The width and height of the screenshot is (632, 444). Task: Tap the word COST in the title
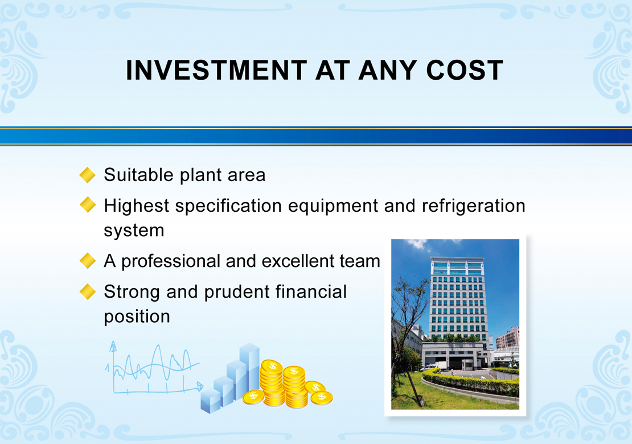465,71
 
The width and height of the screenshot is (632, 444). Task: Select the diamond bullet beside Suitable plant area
88,175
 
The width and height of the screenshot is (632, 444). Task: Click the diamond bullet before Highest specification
88,205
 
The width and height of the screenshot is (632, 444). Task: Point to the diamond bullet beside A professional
88,261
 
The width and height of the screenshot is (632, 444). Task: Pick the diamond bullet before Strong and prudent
88,291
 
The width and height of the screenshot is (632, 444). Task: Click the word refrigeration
474,206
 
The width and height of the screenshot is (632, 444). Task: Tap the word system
134,231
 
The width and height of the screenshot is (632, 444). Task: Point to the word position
137,316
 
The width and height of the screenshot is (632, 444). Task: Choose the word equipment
333,206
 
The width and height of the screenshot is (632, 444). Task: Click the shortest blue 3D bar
211,401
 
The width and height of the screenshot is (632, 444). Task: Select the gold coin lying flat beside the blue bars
253,397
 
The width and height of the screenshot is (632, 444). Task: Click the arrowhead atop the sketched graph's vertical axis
113,346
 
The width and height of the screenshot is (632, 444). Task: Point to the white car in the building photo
429,368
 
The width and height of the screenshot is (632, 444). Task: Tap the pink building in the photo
507,338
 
